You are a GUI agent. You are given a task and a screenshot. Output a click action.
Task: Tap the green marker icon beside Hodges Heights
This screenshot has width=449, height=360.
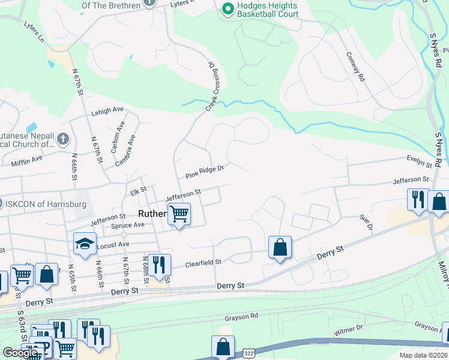pyautogui.click(x=228, y=8)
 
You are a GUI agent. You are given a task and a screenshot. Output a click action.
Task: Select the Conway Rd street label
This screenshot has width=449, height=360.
pyautogui.click(x=355, y=66)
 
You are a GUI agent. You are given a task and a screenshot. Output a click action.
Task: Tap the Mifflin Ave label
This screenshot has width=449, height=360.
pyautogui.click(x=27, y=160)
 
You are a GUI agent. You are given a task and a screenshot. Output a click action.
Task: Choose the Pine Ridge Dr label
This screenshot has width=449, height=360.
pyautogui.click(x=204, y=172)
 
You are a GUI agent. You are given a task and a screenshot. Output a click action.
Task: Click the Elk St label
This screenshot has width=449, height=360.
pyautogui.click(x=139, y=191)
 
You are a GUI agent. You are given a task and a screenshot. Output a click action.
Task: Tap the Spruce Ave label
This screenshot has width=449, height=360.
pyautogui.click(x=128, y=226)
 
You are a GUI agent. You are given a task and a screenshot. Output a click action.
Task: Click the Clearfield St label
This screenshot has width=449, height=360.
pyautogui.click(x=203, y=262)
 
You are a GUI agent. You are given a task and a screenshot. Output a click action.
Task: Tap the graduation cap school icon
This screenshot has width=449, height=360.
pyautogui.click(x=85, y=244)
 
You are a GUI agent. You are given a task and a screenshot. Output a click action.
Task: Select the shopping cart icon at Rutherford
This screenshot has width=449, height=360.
pyautogui.click(x=179, y=213)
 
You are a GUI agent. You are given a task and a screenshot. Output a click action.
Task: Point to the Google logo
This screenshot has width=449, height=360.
pyautogui.click(x=20, y=353)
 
